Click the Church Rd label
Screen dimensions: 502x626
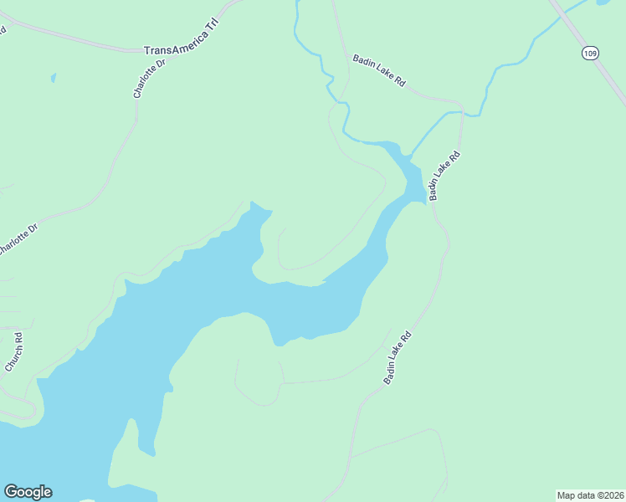pyautogui.click(x=13, y=352)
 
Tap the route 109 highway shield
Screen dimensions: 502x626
pyautogui.click(x=591, y=53)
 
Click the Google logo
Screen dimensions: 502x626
pyautogui.click(x=28, y=492)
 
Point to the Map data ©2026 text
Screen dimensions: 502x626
pyautogui.click(x=590, y=495)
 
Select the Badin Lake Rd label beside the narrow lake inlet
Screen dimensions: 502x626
pyautogui.click(x=444, y=176)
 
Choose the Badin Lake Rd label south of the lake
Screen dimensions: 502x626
pyautogui.click(x=398, y=358)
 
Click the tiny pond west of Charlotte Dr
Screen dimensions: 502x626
pyautogui.click(x=53, y=78)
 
